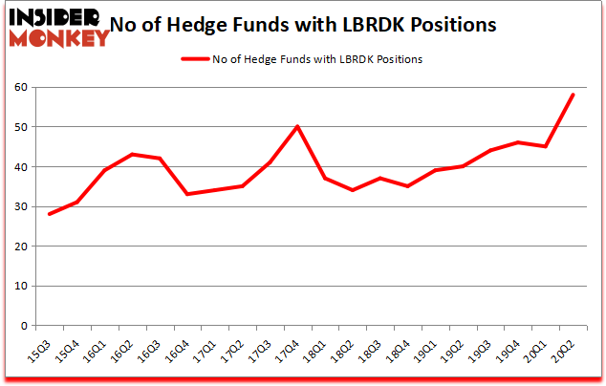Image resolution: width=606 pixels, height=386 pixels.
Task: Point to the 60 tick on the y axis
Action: click(19, 87)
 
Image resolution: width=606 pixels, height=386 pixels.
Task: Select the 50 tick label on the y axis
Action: click(19, 127)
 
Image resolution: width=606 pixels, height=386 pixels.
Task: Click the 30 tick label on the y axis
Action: click(19, 206)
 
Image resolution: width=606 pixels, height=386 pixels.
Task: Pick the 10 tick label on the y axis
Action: click(19, 286)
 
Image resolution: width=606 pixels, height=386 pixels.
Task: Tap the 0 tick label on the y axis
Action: click(22, 326)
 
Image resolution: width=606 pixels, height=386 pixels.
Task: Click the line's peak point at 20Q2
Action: click(573, 95)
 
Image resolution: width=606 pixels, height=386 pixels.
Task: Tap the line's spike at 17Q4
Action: click(297, 127)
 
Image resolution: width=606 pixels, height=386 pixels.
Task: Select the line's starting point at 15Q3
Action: click(49, 214)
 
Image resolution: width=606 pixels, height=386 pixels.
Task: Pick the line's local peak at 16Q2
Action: click(132, 155)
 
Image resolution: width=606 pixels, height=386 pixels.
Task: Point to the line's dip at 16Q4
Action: click(187, 194)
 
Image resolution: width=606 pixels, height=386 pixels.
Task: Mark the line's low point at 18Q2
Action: click(353, 190)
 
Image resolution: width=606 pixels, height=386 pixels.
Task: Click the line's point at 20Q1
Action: click(545, 146)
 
